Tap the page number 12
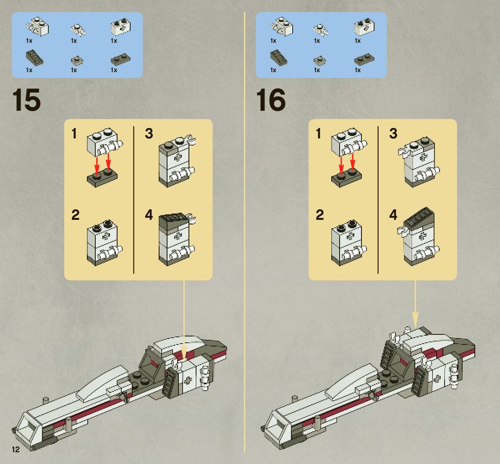(x=16, y=450)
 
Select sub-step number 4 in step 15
(x=149, y=215)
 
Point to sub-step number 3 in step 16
(x=393, y=133)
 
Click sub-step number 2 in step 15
(x=75, y=215)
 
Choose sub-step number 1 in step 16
(x=318, y=133)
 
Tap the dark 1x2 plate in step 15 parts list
(x=119, y=60)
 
